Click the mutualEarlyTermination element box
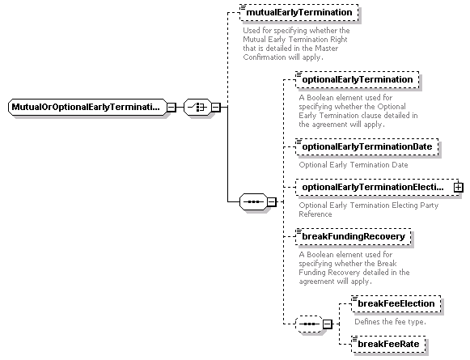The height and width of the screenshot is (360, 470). tap(299, 13)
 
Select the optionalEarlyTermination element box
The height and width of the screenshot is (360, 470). tap(358, 80)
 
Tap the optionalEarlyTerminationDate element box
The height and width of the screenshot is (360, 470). tap(367, 147)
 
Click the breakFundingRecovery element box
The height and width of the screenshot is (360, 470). tap(353, 236)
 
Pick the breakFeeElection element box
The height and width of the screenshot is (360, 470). tap(396, 303)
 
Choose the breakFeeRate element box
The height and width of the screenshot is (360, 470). tap(388, 344)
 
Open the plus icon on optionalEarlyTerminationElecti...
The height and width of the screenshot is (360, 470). tap(459, 188)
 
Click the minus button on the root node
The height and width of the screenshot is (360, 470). tap(171, 107)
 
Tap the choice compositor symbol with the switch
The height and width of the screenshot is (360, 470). tap(197, 107)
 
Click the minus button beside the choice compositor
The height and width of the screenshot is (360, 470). tap(216, 107)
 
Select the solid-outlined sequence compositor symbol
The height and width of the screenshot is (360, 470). tap(253, 201)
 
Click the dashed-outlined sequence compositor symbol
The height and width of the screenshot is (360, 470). tap(309, 324)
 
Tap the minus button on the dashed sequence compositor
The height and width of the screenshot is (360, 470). tap(328, 324)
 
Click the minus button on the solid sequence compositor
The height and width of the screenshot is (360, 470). tap(272, 201)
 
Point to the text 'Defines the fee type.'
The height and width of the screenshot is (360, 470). tap(390, 322)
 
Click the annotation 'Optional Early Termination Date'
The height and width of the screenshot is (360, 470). tap(354, 165)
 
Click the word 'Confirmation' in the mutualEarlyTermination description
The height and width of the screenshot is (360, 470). tap(260, 57)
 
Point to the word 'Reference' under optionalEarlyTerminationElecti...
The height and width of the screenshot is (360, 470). tap(315, 214)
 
